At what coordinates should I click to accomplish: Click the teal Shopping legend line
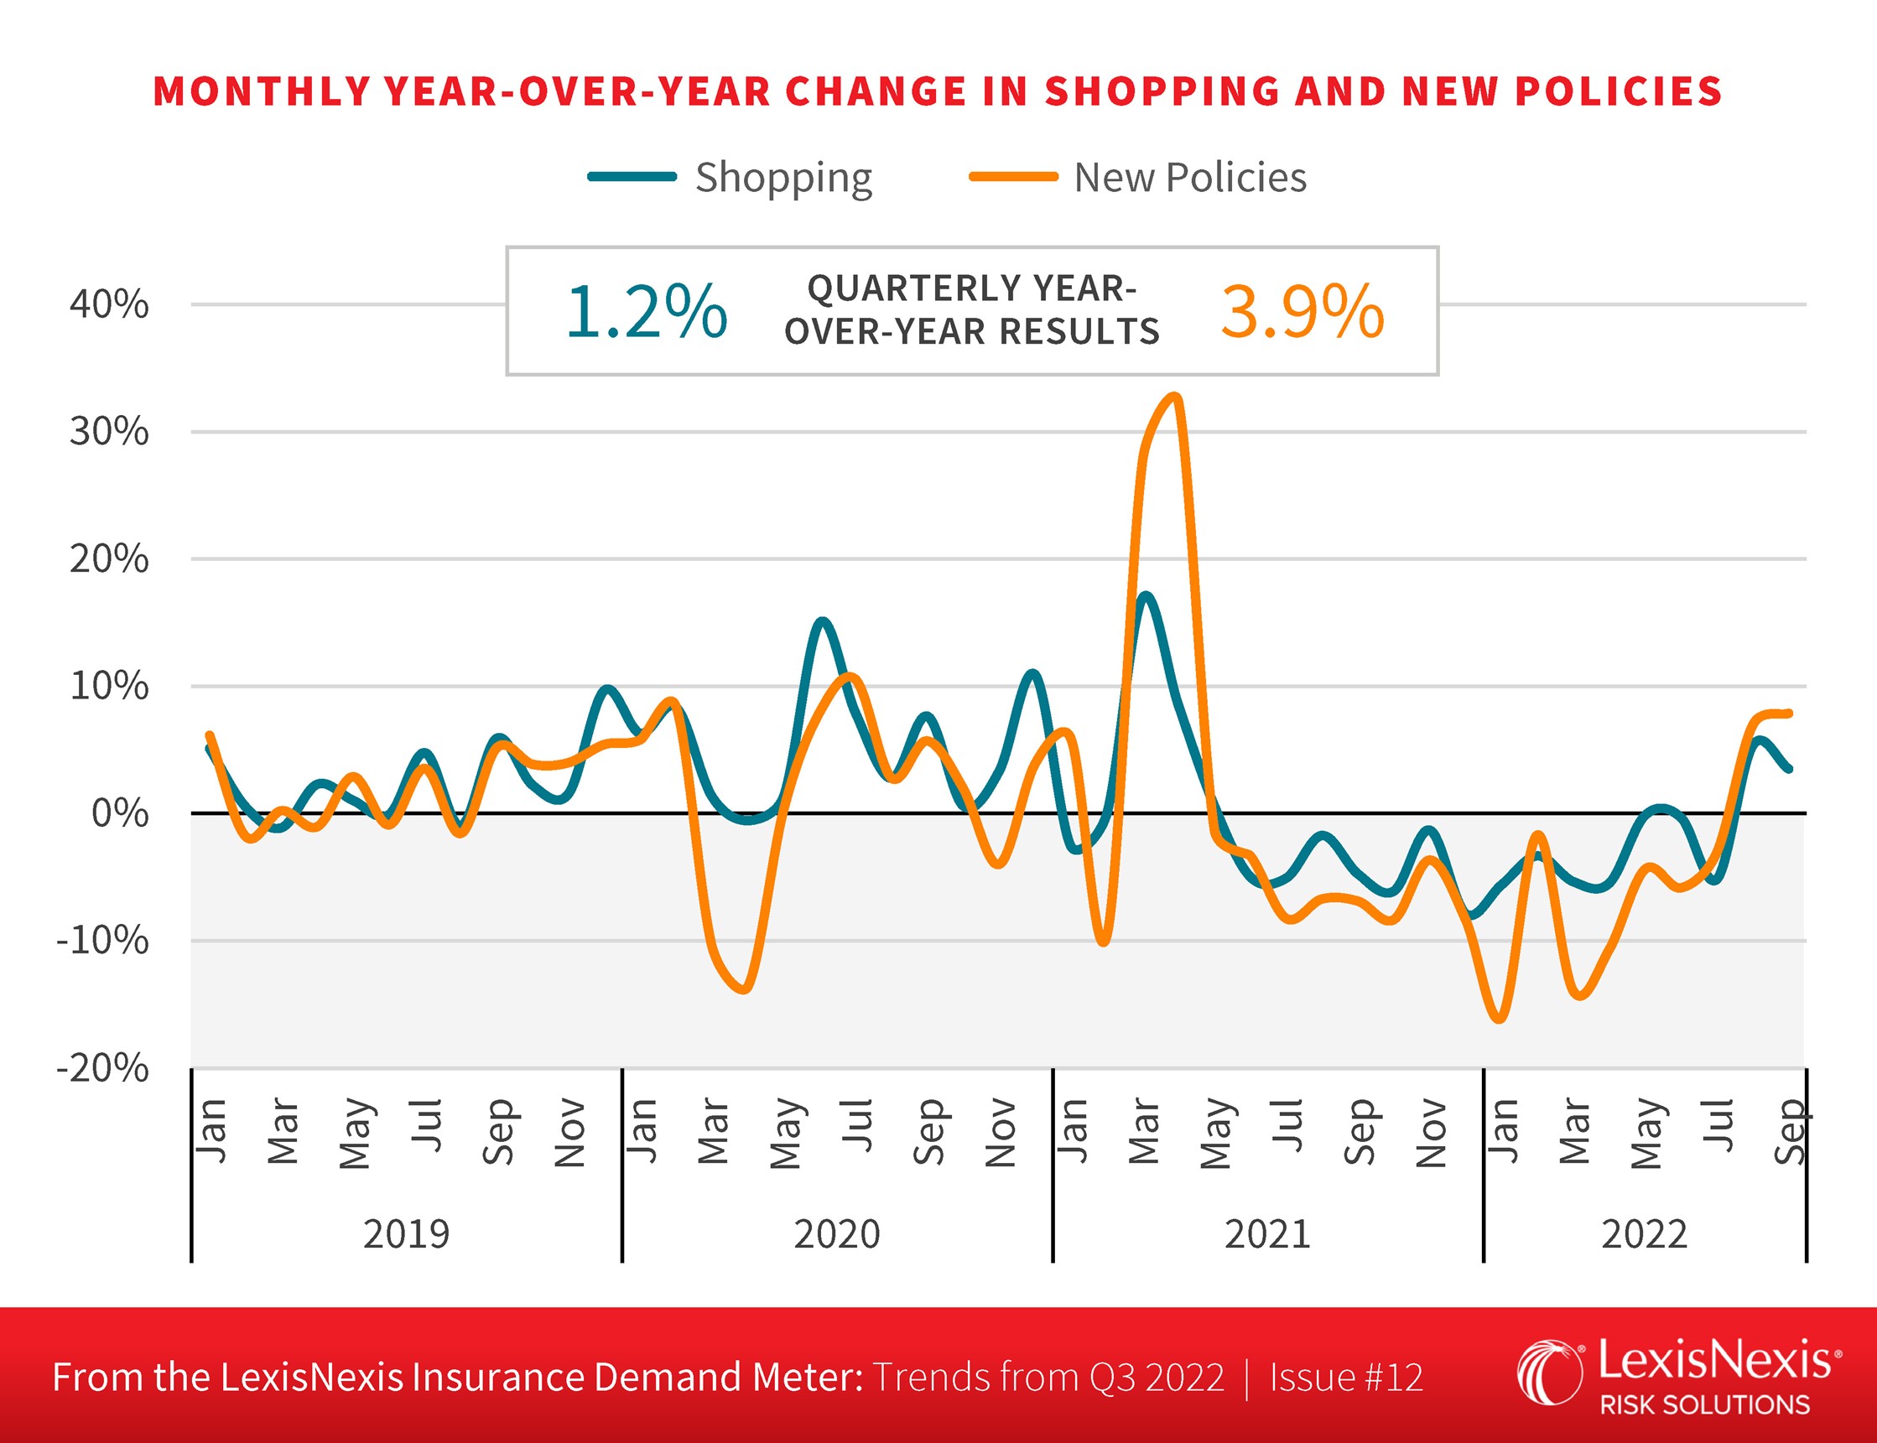click(x=632, y=177)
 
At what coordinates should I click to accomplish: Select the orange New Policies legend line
click(x=1013, y=177)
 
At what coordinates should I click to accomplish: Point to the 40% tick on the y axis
click(x=109, y=304)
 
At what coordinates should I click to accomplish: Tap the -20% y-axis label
click(x=102, y=1068)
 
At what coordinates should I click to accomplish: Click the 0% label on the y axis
click(x=119, y=812)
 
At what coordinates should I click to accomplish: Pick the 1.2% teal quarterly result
click(x=646, y=311)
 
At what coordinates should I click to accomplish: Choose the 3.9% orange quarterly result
click(x=1302, y=311)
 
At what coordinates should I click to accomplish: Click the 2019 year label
click(x=406, y=1234)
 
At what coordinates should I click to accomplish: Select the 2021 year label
click(x=1267, y=1234)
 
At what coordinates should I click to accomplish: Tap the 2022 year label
click(x=1644, y=1234)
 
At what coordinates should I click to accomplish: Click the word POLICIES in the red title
click(x=1619, y=92)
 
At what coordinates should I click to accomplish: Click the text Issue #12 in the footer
click(x=1346, y=1377)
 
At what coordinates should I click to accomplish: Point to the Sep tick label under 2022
click(x=1791, y=1131)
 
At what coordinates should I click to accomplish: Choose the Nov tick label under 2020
click(x=1000, y=1133)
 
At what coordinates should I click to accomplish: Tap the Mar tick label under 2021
click(x=1143, y=1131)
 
